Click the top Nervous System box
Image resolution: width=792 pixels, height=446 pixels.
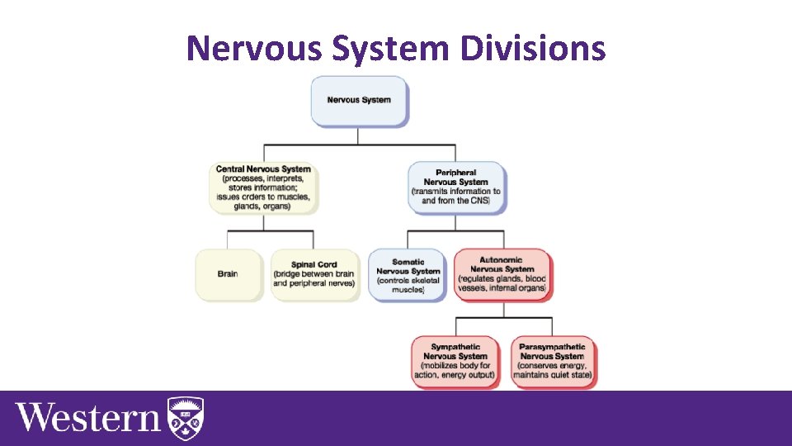359,101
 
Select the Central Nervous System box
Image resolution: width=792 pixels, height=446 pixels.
263,187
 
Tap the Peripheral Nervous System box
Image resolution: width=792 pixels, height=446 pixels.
456,187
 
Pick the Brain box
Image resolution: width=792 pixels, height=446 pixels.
228,274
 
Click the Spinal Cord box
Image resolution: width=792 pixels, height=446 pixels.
314,274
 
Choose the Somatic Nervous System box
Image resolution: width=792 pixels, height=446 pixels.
408,275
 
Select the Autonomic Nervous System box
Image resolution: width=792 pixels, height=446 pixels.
502,275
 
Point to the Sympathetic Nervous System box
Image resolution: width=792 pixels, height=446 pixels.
456,361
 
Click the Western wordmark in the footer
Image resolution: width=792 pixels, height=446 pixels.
88,417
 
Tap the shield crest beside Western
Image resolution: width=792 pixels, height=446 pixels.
186,416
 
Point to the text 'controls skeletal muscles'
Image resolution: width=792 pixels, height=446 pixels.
408,285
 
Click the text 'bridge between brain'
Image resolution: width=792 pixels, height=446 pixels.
314,274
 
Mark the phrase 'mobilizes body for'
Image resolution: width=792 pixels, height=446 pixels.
456,365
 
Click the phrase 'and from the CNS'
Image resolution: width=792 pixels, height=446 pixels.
456,201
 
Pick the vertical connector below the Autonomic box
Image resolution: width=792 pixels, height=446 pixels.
502,307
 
